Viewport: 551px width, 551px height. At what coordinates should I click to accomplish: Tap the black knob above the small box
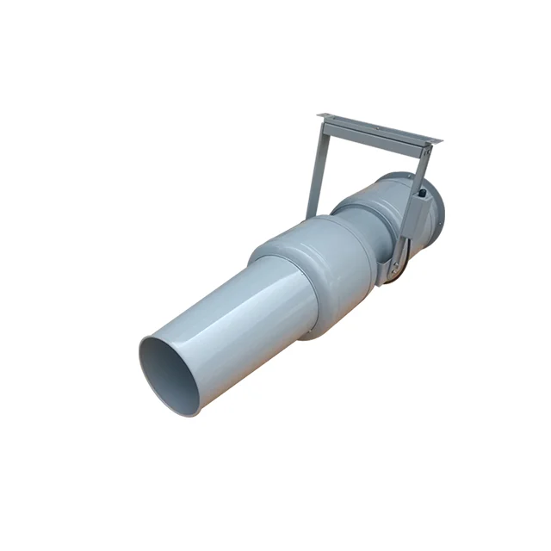pyautogui.click(x=423, y=183)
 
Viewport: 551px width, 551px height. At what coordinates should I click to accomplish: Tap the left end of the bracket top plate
pyautogui.click(x=322, y=115)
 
